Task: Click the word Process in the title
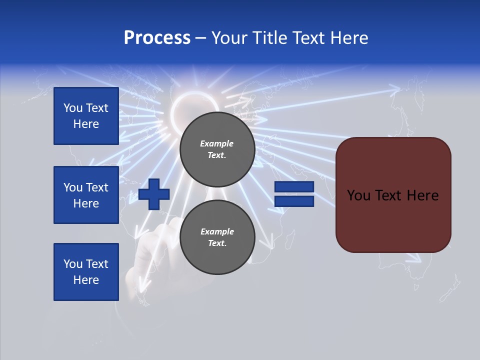coord(157,38)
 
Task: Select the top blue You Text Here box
coord(86,116)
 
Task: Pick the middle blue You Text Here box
coord(86,195)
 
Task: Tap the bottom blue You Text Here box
coord(86,272)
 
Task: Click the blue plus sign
coord(154,194)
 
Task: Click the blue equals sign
coord(294,194)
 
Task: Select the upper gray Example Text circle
coord(217,149)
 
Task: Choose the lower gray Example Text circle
coord(217,237)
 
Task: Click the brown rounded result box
coord(393,195)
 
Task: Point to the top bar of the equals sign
coord(294,187)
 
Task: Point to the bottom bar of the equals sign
coord(294,201)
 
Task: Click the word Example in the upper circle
coord(216,143)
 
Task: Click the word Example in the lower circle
coord(217,231)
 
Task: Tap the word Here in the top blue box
coord(86,124)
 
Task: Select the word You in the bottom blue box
coord(73,264)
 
